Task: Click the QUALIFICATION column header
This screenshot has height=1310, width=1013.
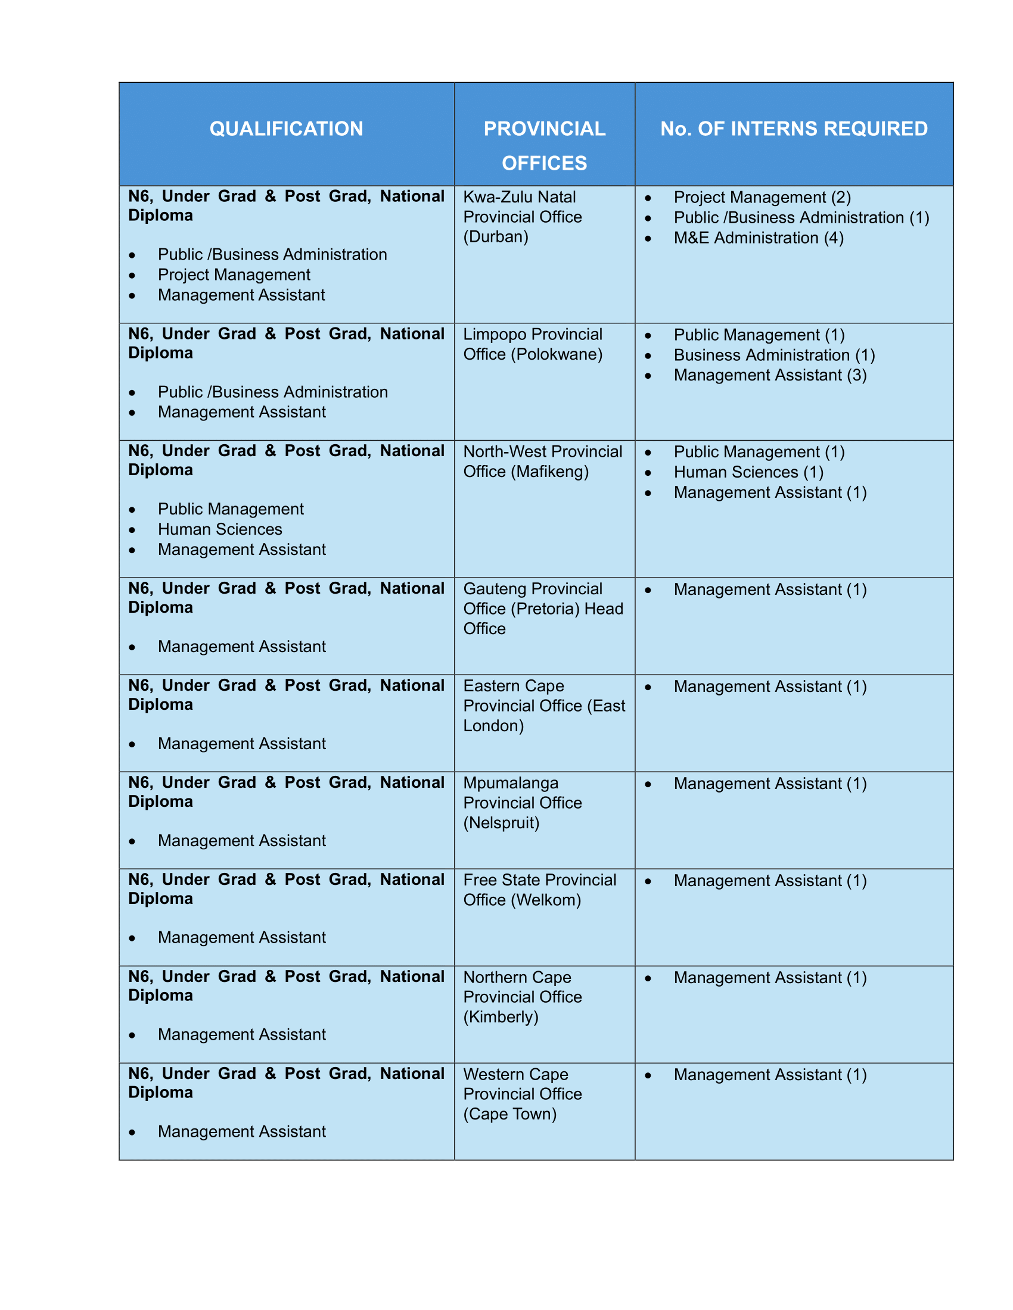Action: tap(286, 129)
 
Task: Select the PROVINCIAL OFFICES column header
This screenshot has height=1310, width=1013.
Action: tap(544, 146)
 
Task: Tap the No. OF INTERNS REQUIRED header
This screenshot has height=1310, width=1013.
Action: tap(793, 129)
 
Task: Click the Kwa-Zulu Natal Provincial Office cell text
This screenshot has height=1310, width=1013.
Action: tap(522, 217)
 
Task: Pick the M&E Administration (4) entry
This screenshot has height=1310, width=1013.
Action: tap(758, 238)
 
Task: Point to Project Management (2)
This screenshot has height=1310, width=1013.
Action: tap(762, 197)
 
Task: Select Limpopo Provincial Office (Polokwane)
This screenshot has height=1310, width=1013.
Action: tap(532, 344)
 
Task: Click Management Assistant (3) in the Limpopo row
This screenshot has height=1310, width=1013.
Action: tap(770, 376)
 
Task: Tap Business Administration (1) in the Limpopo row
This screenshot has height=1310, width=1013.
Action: tap(774, 355)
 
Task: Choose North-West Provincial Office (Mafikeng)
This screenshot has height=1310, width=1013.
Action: tap(542, 461)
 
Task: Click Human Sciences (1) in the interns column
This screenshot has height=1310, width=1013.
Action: tap(748, 472)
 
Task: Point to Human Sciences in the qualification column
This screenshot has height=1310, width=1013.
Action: tap(220, 529)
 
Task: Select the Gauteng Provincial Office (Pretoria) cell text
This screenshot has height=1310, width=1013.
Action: tap(542, 608)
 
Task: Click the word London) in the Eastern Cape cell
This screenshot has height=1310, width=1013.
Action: tap(493, 726)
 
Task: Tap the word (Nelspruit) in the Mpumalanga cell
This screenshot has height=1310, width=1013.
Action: tap(501, 822)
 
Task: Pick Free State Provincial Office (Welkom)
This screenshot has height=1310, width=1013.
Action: tap(539, 890)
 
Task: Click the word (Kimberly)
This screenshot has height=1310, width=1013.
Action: tap(501, 1016)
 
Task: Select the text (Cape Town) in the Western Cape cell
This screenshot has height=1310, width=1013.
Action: tap(509, 1114)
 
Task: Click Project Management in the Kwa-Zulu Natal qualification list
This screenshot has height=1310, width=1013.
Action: tap(234, 275)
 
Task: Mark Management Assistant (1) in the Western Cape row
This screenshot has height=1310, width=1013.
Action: tap(770, 1075)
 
